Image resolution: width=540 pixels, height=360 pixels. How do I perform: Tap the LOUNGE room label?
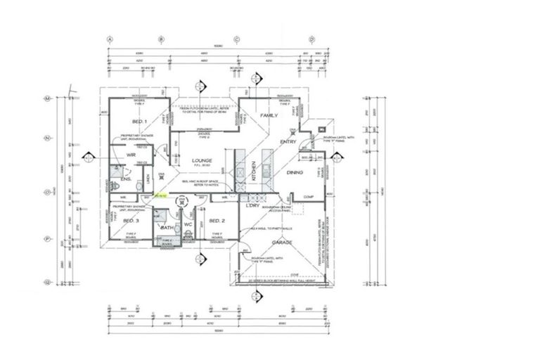coord(202,161)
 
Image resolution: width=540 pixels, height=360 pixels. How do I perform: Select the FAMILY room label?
coord(269,115)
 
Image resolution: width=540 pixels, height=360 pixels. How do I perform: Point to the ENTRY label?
coord(289,141)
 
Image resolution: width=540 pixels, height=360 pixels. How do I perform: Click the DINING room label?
coord(295,172)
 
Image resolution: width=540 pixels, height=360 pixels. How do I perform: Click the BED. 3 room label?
coord(131,221)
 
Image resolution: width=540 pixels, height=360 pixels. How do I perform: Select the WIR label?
coord(130,154)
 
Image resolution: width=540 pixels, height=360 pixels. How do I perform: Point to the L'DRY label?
coord(253,205)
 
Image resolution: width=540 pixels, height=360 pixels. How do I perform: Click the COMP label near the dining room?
coord(307,196)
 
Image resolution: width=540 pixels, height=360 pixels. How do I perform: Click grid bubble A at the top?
coord(110,39)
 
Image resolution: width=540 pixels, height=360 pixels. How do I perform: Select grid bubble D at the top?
coord(311,39)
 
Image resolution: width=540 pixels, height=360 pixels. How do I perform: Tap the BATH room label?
coord(167,228)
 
